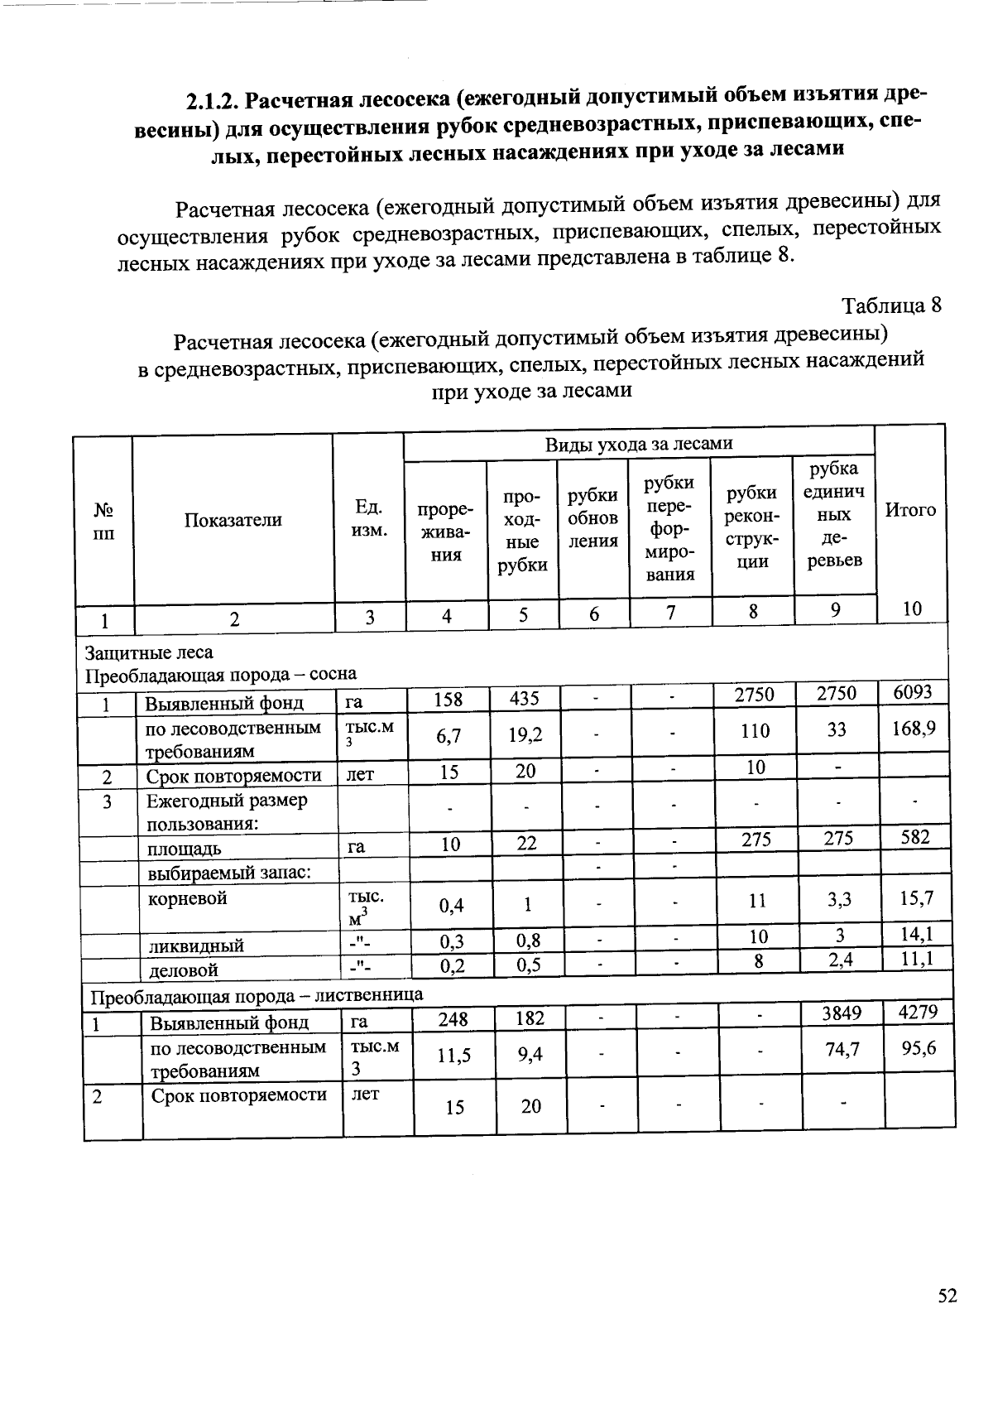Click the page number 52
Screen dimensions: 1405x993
947,1297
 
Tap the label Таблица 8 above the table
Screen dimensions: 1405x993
891,306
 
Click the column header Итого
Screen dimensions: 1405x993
910,510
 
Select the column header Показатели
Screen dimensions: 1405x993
233,520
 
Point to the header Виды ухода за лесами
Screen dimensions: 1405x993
638,444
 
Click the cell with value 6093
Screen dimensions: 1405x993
913,692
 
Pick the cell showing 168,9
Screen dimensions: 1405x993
914,729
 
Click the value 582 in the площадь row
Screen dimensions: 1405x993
914,837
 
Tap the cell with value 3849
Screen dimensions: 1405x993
842,1013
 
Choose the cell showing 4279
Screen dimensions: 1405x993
918,1012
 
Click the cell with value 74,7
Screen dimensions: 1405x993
842,1049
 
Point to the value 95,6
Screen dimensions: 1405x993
919,1047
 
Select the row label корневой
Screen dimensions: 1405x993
187,898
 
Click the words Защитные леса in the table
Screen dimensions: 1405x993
149,652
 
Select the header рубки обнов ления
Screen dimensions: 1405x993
592,518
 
